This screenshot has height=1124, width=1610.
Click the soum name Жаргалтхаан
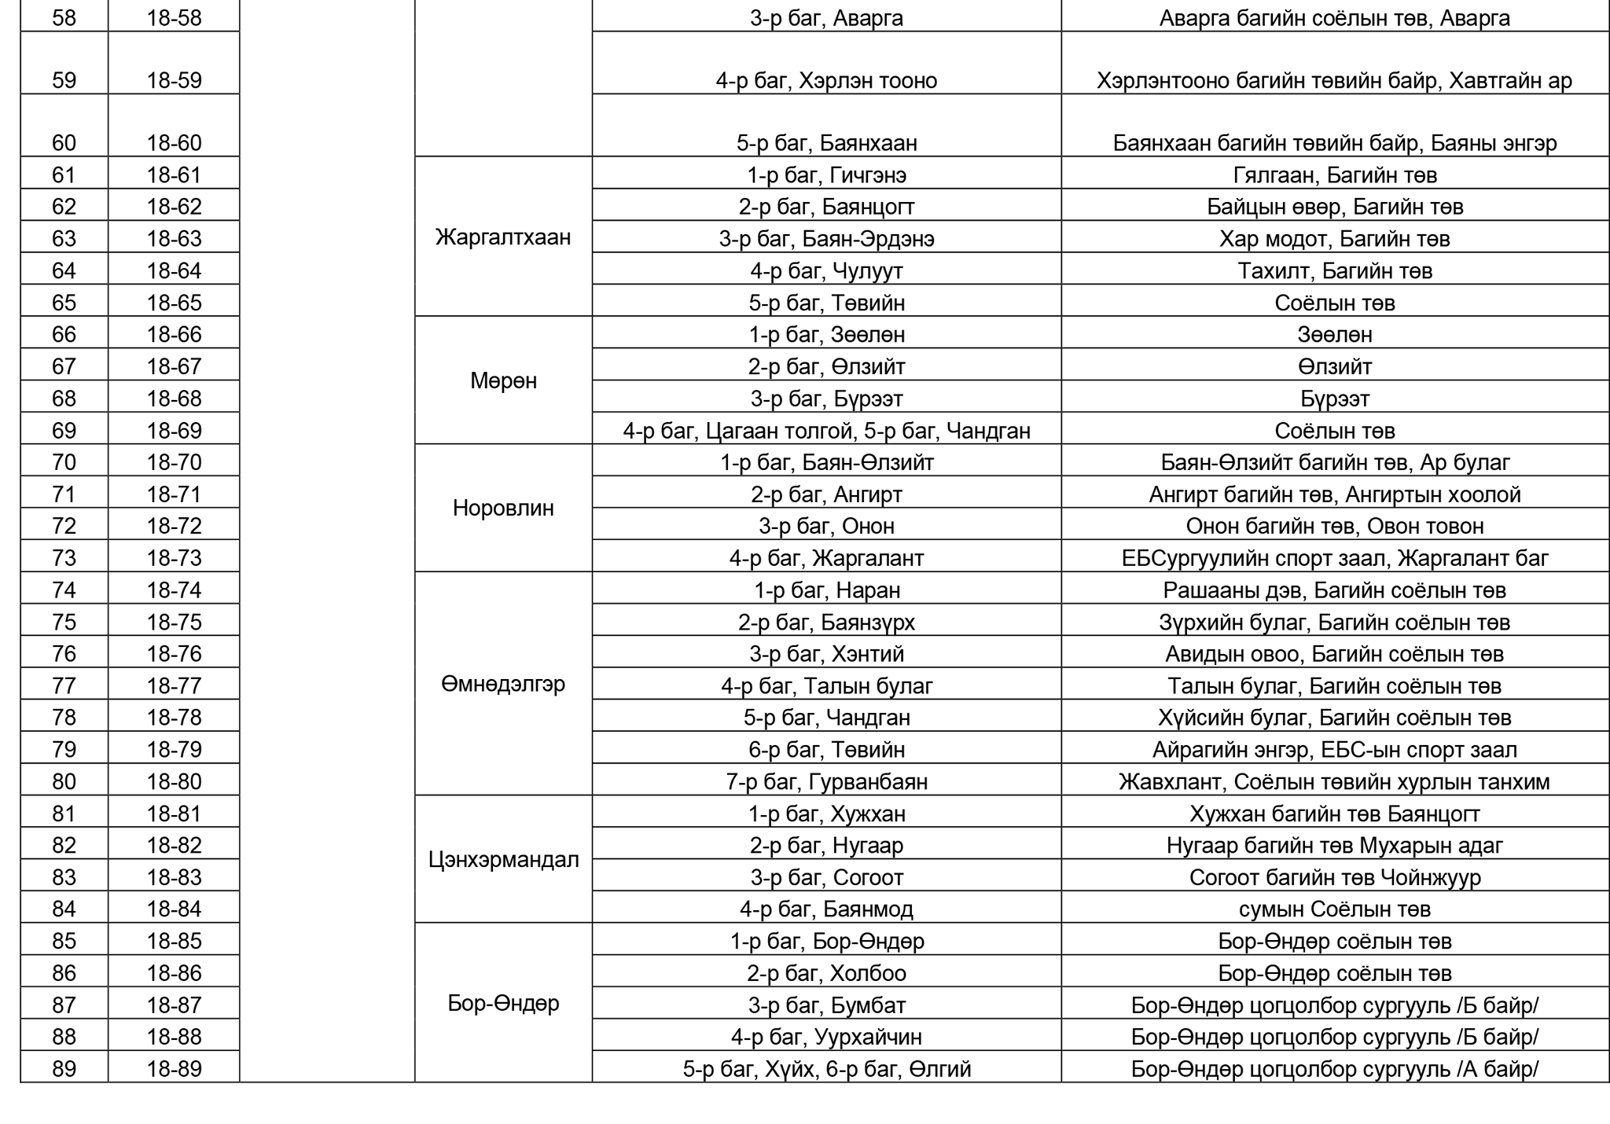(x=503, y=237)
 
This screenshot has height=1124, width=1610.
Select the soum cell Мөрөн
(x=503, y=381)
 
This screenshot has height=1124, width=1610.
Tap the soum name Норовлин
(x=503, y=509)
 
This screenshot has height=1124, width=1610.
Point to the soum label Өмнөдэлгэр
(x=503, y=685)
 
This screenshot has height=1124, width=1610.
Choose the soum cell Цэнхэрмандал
(x=503, y=860)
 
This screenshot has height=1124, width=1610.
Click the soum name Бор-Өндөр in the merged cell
(x=503, y=1004)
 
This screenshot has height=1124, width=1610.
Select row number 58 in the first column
(x=64, y=18)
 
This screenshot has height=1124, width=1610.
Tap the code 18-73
(x=174, y=558)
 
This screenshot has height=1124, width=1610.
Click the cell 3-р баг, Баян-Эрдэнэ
(x=826, y=239)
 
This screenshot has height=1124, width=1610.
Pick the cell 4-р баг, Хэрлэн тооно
(x=826, y=81)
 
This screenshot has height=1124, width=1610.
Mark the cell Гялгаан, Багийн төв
(x=1335, y=175)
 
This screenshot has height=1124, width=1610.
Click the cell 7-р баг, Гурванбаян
(x=826, y=782)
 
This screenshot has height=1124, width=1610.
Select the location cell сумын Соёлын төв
(x=1335, y=909)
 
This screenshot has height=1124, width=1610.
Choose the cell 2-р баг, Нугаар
(x=826, y=846)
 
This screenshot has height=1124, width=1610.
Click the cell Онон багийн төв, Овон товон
(x=1335, y=526)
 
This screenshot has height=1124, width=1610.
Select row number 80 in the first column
(x=64, y=782)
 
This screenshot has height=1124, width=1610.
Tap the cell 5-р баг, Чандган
(x=826, y=718)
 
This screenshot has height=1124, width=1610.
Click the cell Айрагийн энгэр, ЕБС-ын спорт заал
(x=1335, y=750)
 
